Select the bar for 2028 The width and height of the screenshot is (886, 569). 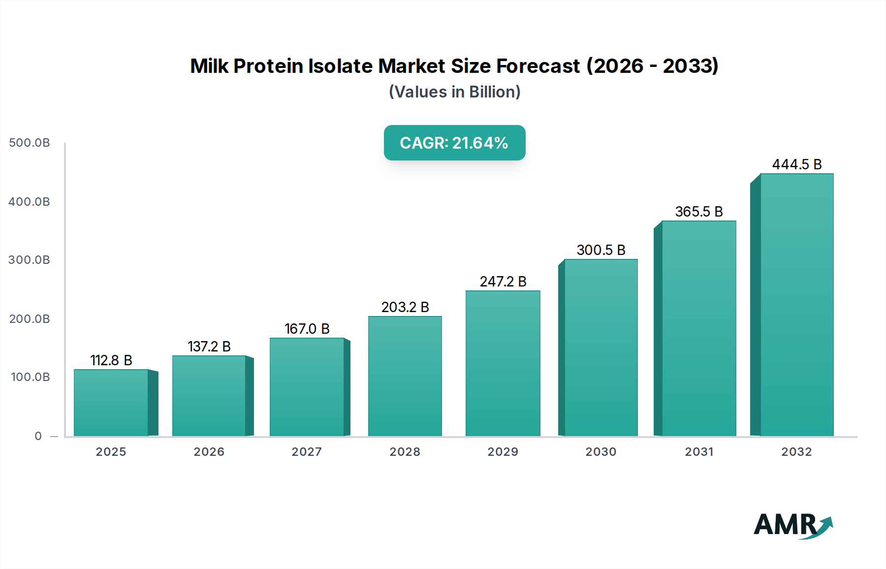point(405,376)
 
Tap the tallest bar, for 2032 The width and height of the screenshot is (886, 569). point(796,305)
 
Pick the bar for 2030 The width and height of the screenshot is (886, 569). point(601,348)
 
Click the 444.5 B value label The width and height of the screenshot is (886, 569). point(797,164)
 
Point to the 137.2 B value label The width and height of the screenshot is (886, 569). point(209,347)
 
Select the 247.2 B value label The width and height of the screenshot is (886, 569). point(503,282)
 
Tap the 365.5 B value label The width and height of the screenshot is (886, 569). point(699,212)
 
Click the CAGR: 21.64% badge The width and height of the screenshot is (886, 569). point(454,143)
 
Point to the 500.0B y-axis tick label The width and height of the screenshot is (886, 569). point(30,143)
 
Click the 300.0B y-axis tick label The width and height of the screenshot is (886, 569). point(30,260)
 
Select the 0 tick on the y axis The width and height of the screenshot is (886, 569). point(38,436)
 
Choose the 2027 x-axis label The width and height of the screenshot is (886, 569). point(307,452)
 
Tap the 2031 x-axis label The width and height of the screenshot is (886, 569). point(699,452)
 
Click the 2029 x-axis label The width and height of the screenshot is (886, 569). point(503,452)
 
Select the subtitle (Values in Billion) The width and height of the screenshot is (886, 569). point(454,92)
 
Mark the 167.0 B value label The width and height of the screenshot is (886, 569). point(307,329)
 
